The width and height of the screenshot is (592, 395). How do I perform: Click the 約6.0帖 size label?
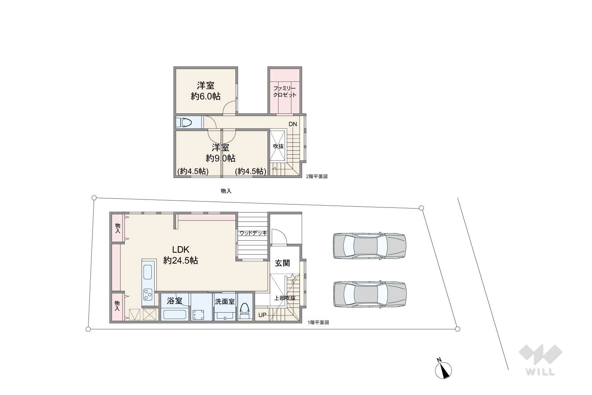206,96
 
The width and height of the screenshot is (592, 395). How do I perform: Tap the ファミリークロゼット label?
285,91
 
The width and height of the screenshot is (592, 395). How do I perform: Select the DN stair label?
293,124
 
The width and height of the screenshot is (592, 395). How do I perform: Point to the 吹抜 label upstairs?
278,146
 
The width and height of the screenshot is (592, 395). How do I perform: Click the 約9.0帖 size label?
220,158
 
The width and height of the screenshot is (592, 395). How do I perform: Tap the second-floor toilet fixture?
186,123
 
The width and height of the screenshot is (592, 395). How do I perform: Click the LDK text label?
181,249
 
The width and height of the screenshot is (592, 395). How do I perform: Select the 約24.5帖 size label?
181,261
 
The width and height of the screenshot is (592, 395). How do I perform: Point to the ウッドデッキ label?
253,233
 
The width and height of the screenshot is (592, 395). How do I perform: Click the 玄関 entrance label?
282,263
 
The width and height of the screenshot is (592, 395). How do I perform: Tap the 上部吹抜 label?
284,298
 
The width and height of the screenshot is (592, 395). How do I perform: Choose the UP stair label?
262,315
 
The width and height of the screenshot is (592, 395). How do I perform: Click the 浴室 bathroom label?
174,301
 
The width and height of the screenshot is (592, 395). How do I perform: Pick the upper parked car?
369,246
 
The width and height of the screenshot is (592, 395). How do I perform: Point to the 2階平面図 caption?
317,176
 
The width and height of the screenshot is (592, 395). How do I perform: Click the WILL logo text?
540,372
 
